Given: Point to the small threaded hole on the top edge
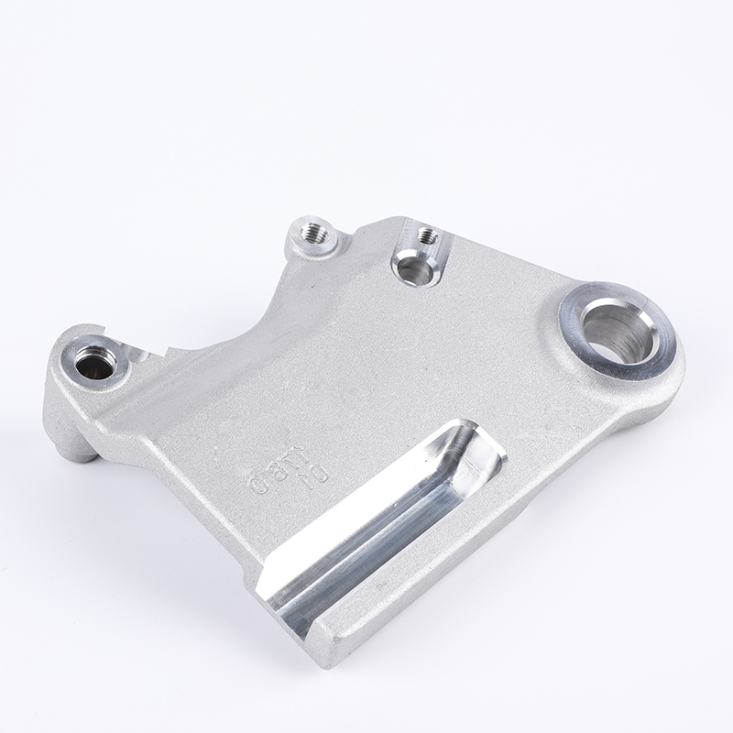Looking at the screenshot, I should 426,235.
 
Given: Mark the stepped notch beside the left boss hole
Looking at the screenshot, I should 147,352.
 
